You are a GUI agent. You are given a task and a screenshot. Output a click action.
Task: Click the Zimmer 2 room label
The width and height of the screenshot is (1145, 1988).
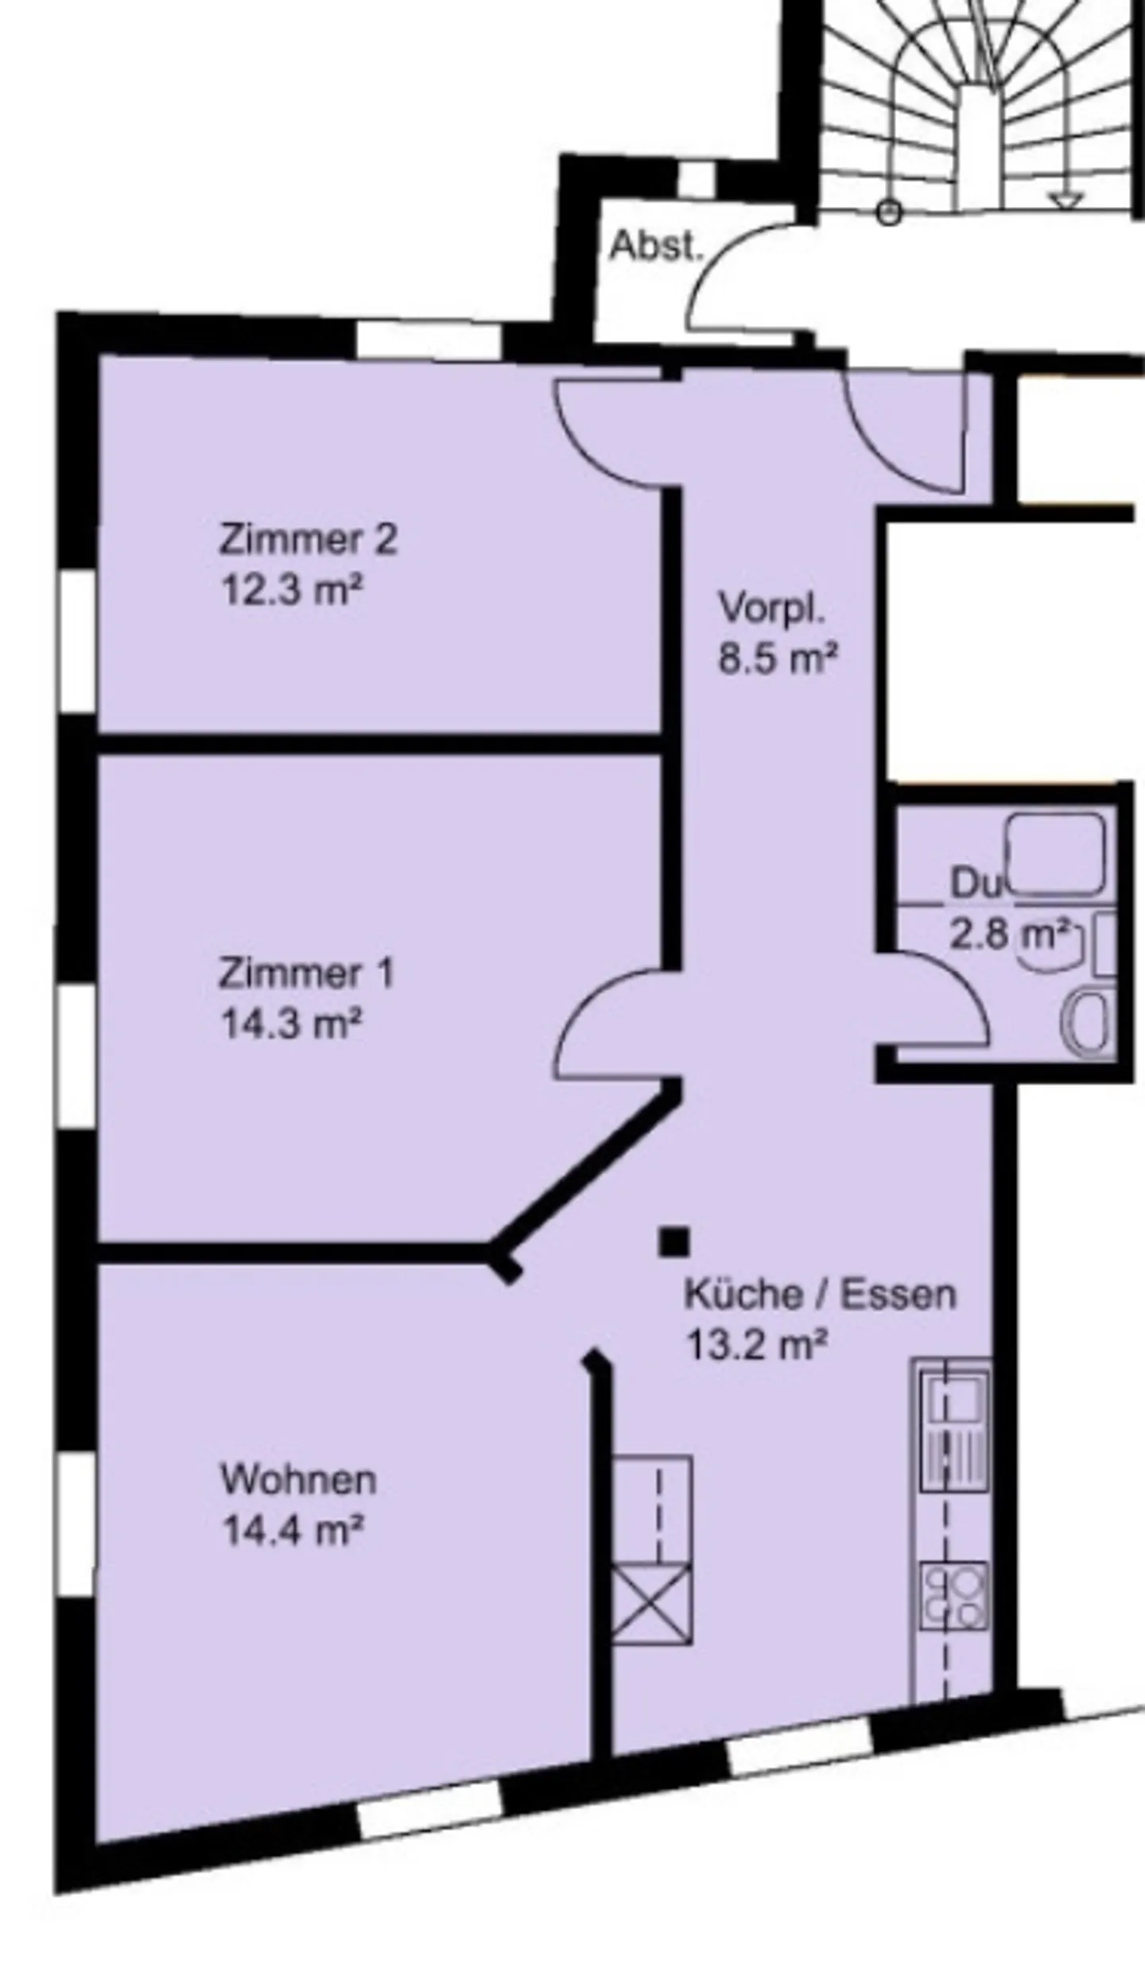click(308, 540)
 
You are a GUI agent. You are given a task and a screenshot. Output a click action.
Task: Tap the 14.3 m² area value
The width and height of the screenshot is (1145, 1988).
click(291, 1024)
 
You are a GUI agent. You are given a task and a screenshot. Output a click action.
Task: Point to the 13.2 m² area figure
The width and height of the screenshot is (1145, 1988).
click(756, 1346)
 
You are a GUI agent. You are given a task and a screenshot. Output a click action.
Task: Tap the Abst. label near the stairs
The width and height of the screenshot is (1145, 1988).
click(657, 247)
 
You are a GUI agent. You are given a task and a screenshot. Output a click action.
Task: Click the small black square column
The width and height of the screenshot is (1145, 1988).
click(673, 1241)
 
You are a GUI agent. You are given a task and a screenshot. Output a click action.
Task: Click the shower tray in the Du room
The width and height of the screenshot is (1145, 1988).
click(1056, 852)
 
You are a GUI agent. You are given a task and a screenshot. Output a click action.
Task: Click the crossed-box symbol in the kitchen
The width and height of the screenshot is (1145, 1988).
click(651, 1603)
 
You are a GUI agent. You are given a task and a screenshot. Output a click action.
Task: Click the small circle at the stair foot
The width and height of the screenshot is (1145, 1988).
click(889, 213)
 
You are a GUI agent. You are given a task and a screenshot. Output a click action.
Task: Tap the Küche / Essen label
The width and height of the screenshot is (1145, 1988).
click(820, 1295)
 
